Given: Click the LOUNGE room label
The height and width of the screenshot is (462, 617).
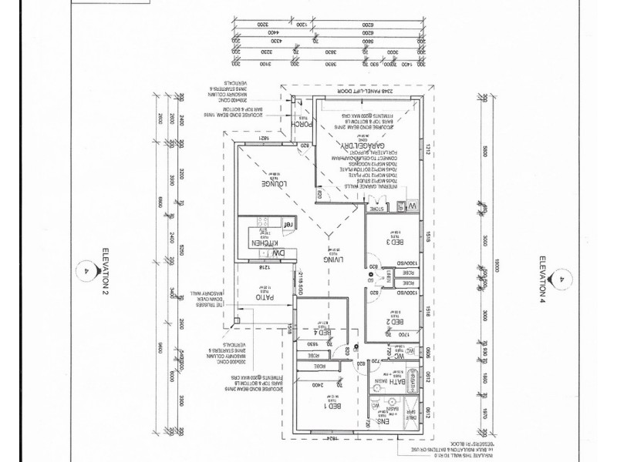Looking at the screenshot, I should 275,185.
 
